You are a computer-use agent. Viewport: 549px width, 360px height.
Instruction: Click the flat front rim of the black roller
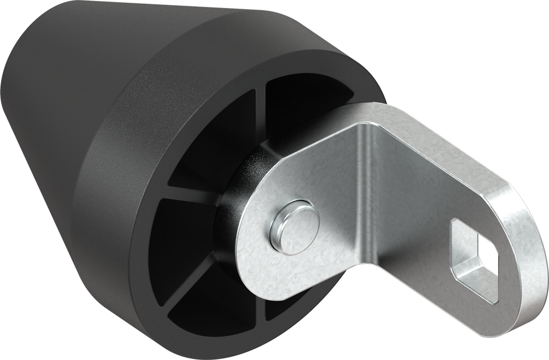[134, 161]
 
